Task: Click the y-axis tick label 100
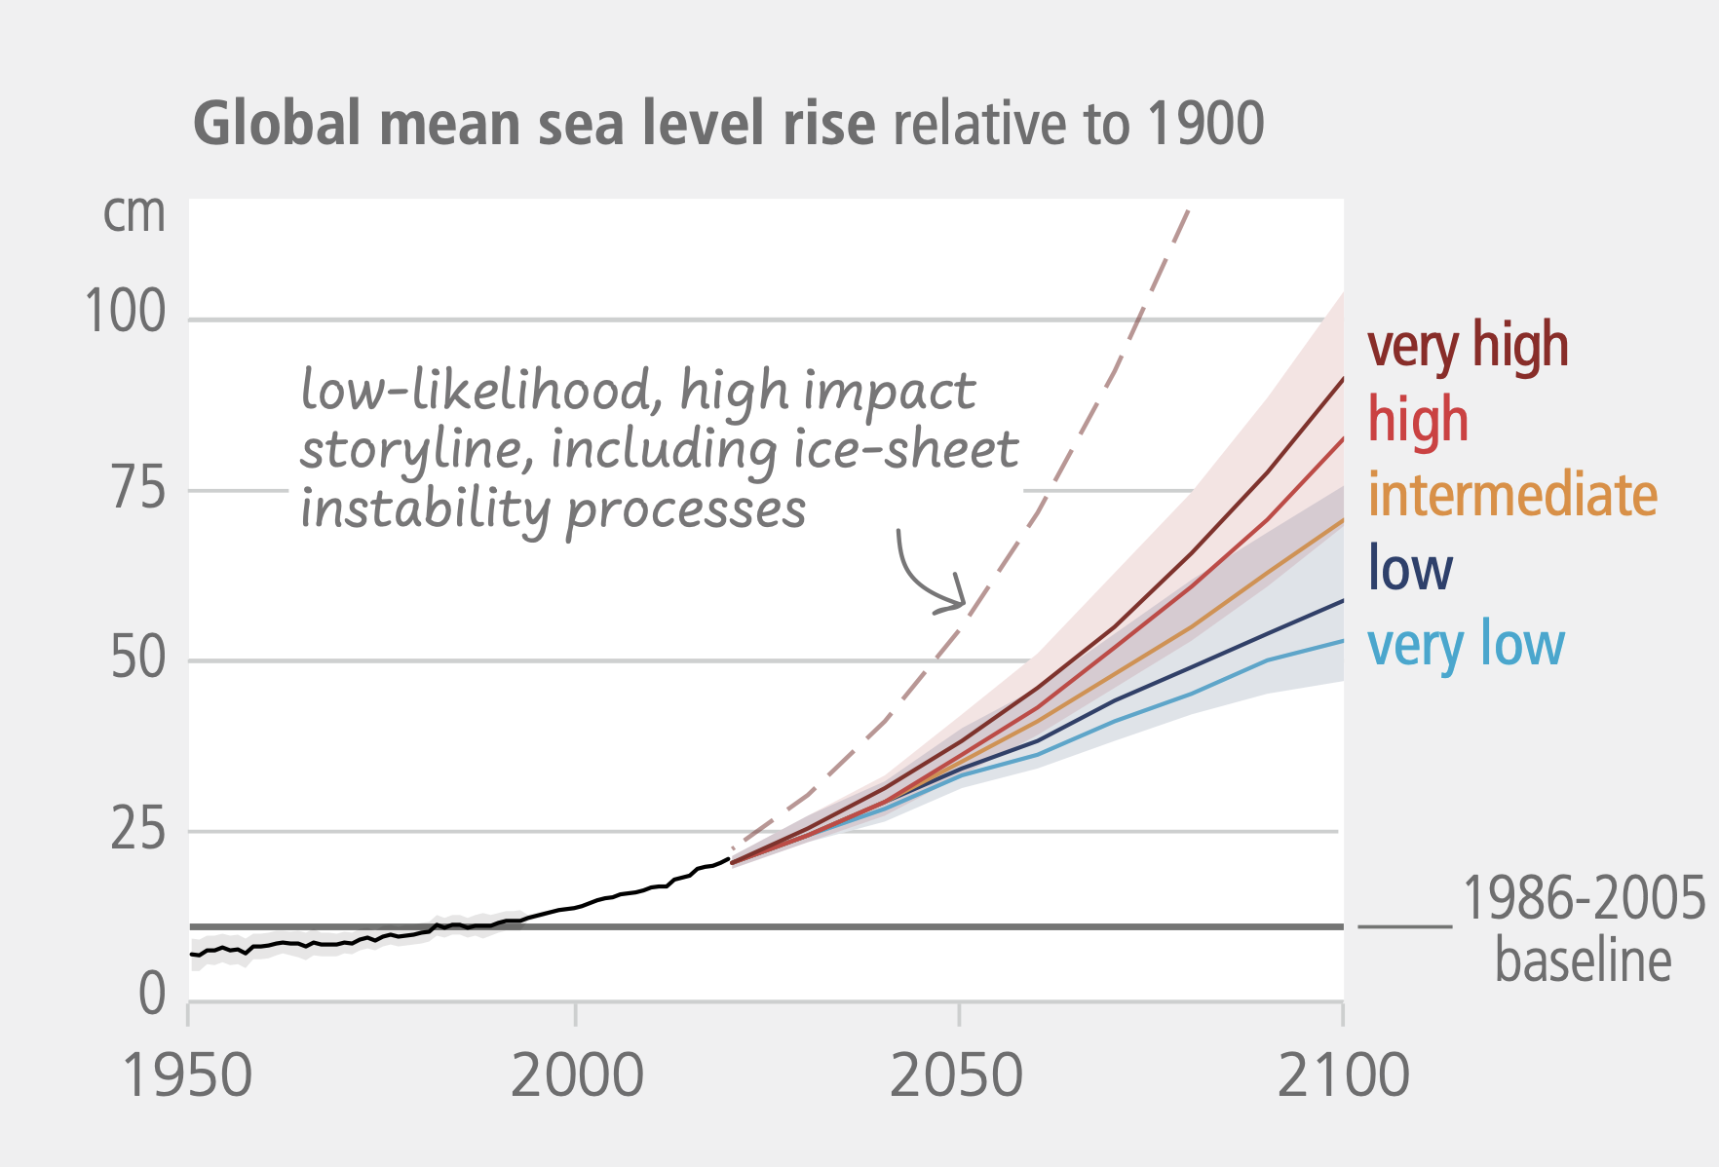126,313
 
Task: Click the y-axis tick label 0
152,995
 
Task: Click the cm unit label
134,213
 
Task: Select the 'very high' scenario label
1467,346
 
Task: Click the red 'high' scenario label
1417,420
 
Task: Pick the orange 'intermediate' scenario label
1511,495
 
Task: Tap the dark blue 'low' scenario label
1409,568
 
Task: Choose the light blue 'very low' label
1465,644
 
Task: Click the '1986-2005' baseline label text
1584,898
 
